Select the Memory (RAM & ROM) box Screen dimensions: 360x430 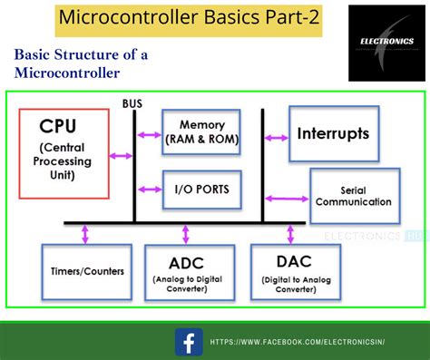coord(201,131)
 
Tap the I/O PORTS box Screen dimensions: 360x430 coord(201,190)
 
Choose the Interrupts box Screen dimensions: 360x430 coord(333,133)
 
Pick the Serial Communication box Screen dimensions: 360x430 coord(353,196)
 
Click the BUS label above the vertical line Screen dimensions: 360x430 coord(133,103)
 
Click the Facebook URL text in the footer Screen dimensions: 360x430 coord(298,342)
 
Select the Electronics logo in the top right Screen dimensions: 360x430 coord(383,41)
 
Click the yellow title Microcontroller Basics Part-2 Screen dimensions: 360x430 coord(188,17)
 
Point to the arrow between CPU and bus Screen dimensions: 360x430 coord(121,156)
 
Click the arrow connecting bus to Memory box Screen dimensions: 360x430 coord(148,133)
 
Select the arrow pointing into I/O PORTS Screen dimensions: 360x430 coord(148,190)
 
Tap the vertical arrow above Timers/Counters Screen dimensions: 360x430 coord(85,234)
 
